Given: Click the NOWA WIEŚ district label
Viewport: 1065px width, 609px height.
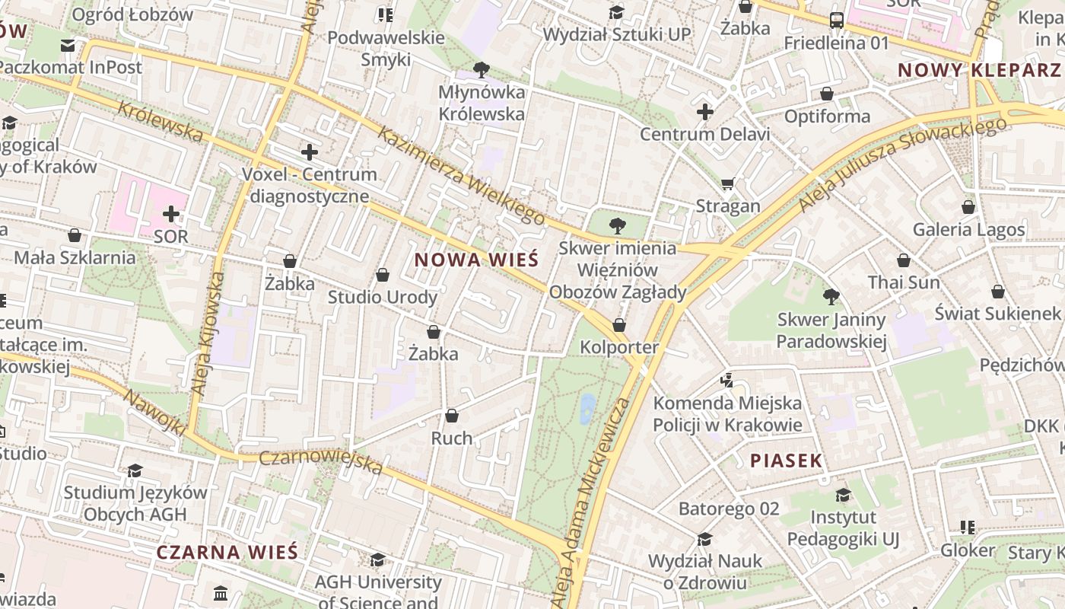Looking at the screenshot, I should (x=476, y=260).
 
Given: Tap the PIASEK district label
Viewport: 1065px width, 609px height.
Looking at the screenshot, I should (x=787, y=461).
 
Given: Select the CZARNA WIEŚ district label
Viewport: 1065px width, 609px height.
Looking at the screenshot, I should (x=227, y=553).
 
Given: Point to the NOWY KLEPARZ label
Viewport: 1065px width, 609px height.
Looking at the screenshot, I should (x=979, y=70).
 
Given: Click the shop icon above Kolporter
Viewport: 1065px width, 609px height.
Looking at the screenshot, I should (x=619, y=325).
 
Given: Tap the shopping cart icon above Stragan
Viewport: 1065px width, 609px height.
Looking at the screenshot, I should (x=728, y=184).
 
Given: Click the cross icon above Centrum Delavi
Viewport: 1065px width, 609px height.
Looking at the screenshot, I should (x=705, y=113).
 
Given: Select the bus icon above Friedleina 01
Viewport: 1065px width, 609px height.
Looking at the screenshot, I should (x=837, y=21).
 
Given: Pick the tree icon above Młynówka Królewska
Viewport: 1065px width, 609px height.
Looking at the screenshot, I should (x=481, y=70).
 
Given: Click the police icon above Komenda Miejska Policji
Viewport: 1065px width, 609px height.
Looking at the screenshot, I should (x=727, y=380).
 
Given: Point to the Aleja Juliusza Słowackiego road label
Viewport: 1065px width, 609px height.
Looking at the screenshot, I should (x=901, y=164).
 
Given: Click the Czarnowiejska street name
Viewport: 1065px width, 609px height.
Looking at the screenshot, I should (x=320, y=461).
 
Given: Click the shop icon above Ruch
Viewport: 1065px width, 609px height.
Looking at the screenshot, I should (x=452, y=416).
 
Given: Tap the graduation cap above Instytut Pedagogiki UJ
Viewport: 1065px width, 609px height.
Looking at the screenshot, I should (x=843, y=496).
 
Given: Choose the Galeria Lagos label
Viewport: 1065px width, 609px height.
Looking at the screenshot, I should (x=968, y=229).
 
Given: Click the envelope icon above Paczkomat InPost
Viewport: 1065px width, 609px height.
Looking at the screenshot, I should (x=68, y=46).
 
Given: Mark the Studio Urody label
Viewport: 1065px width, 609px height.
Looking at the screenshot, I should (x=382, y=297).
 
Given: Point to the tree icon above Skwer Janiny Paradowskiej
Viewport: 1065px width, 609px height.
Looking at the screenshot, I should (x=831, y=296).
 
